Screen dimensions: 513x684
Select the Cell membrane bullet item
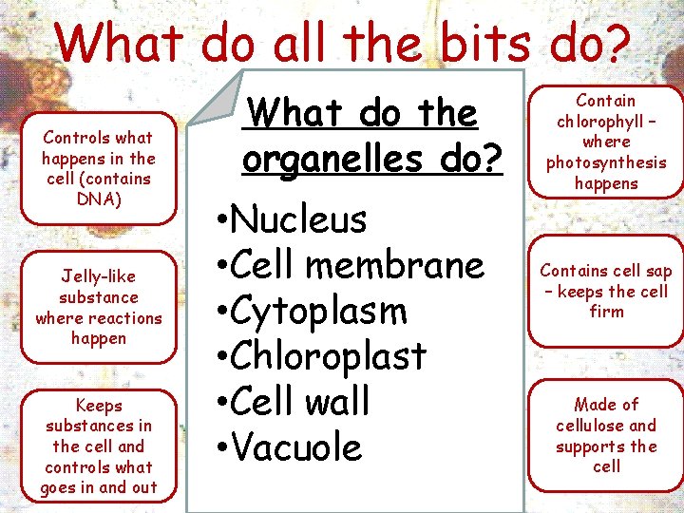tap(357, 265)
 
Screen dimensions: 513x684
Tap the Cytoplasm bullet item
tap(319, 311)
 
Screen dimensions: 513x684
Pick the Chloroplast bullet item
tap(329, 356)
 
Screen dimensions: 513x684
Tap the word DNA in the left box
tap(98, 199)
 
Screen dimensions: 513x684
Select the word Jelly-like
tap(98, 276)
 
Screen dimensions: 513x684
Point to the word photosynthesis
tap(606, 162)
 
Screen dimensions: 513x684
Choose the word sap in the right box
tap(658, 271)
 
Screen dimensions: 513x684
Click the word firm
tap(606, 312)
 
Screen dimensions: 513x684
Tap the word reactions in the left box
tap(127, 318)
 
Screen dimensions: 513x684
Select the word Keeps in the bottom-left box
tap(98, 405)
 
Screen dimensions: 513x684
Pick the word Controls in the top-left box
tap(78, 138)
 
